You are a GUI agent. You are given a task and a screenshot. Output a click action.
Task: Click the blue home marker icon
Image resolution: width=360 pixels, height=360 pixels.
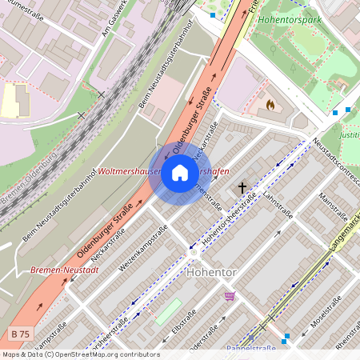(180, 174)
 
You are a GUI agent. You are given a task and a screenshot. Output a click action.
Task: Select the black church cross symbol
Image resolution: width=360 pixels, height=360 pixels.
(242, 189)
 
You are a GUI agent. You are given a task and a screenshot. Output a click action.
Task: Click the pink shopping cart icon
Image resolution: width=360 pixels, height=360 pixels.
(230, 296)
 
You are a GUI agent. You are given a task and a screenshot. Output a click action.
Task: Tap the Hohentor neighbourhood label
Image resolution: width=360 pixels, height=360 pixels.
(211, 273)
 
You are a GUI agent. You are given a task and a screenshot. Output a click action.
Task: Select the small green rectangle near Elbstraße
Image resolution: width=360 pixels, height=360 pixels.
(167, 312)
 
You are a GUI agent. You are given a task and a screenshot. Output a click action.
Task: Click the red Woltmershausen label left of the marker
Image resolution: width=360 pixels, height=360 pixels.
(126, 171)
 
